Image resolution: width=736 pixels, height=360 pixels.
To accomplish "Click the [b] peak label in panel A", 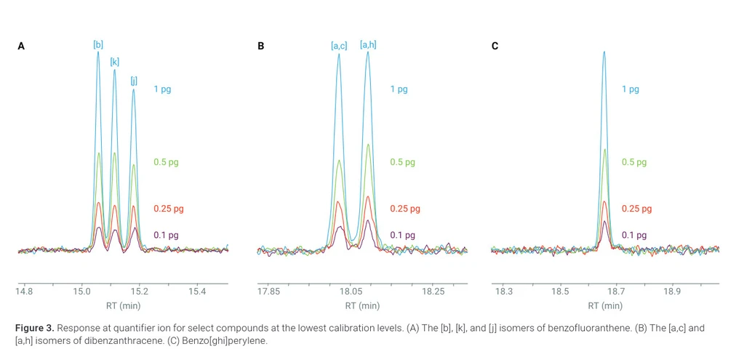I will (x=98, y=45).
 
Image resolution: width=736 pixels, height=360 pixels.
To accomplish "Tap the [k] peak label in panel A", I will (x=115, y=62).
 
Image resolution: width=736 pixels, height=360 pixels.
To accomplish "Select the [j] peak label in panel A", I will (x=134, y=81).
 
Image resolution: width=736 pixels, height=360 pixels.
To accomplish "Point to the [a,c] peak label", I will (x=339, y=46).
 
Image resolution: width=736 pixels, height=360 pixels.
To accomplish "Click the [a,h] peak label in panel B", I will (x=368, y=45).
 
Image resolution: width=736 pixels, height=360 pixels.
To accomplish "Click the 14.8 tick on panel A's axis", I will (x=25, y=292).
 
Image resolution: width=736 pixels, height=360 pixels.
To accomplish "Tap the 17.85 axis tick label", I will (x=269, y=292).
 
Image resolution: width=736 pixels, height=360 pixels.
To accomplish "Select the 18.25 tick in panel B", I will (x=433, y=292).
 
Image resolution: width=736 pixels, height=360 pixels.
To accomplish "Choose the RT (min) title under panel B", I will (x=362, y=306).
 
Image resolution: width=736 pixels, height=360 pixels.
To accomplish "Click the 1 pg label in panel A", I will (x=162, y=89).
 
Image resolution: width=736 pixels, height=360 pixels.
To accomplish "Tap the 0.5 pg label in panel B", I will (x=402, y=162).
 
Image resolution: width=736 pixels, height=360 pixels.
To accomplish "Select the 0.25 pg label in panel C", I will (x=636, y=209).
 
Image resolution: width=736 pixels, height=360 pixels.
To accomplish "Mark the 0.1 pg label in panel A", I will (x=166, y=235).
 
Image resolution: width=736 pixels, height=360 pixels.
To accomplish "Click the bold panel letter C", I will (x=495, y=47).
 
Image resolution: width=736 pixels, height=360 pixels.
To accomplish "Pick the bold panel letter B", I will (x=260, y=47).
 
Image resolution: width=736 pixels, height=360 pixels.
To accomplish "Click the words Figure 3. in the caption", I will (x=35, y=328).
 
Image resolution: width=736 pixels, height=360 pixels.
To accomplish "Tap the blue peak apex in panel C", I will (x=604, y=52).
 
